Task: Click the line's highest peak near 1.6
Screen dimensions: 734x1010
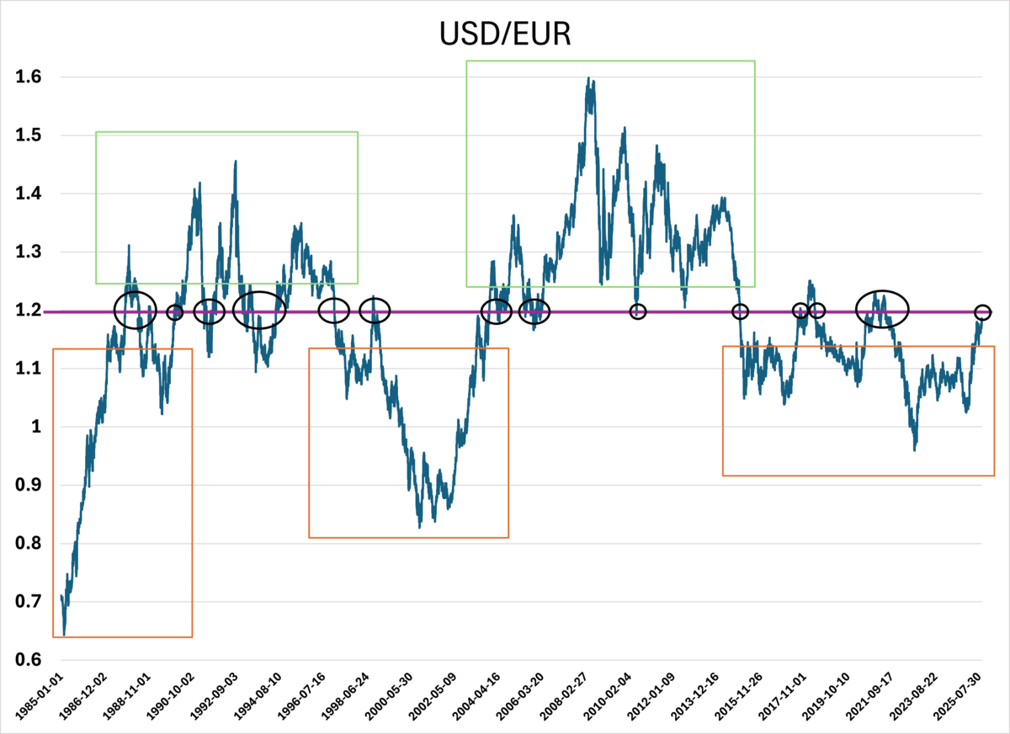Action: [587, 78]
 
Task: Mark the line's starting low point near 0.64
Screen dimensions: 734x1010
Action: [64, 634]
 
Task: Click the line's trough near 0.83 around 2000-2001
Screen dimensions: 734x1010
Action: [419, 527]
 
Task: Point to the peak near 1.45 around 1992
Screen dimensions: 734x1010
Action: [235, 162]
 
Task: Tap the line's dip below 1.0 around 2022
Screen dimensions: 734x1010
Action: [915, 449]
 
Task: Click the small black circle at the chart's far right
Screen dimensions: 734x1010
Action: [982, 311]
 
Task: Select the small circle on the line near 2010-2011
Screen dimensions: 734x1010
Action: [638, 311]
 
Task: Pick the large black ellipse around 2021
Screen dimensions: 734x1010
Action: [882, 308]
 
